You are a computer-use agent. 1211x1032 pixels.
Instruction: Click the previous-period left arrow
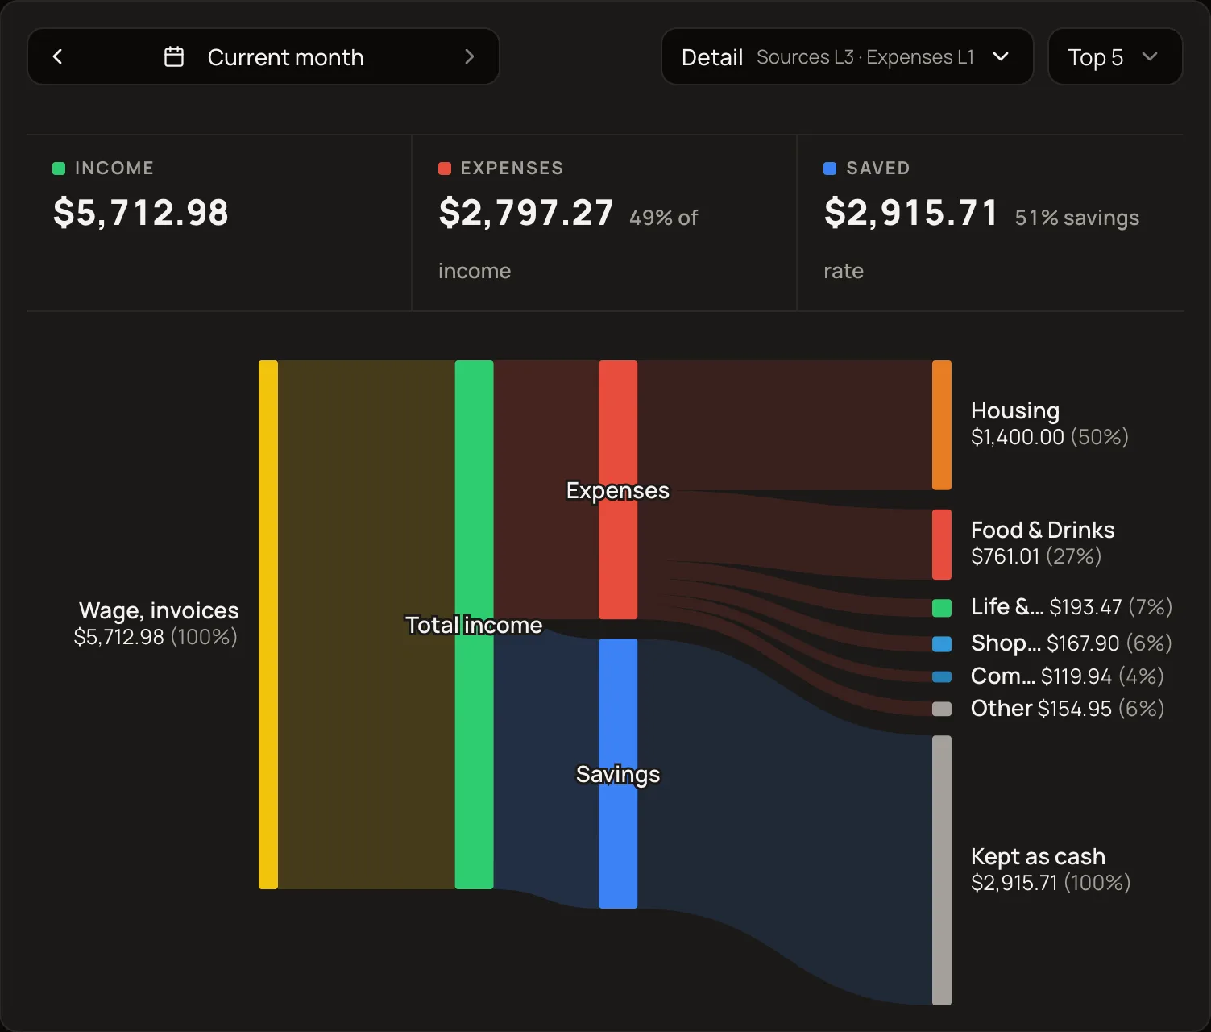[57, 57]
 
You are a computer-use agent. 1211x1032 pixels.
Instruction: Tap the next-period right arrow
[469, 57]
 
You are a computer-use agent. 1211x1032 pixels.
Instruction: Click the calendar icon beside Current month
[174, 57]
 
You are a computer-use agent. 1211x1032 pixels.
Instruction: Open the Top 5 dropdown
[1115, 57]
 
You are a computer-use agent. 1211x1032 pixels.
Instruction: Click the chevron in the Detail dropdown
[1002, 57]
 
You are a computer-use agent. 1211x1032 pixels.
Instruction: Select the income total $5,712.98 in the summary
[141, 212]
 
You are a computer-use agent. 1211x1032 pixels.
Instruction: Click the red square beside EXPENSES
[445, 169]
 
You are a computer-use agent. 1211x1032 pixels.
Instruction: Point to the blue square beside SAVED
[830, 169]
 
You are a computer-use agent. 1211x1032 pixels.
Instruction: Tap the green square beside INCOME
[59, 169]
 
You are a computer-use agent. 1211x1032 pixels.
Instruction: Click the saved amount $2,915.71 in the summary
[911, 212]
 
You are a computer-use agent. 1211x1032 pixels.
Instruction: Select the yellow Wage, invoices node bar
[268, 625]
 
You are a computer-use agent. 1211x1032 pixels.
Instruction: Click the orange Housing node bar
[942, 425]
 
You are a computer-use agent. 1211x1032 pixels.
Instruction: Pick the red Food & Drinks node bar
[942, 544]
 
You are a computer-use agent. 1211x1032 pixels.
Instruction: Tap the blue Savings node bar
[618, 773]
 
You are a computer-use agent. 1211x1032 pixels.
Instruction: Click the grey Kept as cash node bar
[942, 870]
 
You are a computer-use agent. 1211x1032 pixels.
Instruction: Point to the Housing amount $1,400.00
[1017, 438]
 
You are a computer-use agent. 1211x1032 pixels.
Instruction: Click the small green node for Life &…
[942, 608]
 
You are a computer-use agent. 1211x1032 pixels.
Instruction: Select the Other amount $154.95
[1075, 709]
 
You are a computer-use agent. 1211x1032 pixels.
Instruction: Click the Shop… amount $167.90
[1083, 643]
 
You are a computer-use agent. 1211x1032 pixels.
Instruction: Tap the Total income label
[474, 625]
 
